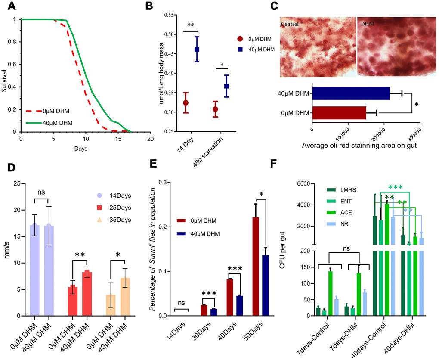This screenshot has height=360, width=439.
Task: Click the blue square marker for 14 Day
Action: click(197, 49)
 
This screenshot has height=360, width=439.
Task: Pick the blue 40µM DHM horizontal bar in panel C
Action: click(351, 93)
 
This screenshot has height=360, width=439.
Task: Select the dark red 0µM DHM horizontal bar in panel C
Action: click(339, 113)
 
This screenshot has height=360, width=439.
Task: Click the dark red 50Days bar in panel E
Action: click(258, 267)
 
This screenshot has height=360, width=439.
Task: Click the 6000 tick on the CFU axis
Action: click(304, 184)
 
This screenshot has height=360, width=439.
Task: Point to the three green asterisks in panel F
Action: click(396, 188)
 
